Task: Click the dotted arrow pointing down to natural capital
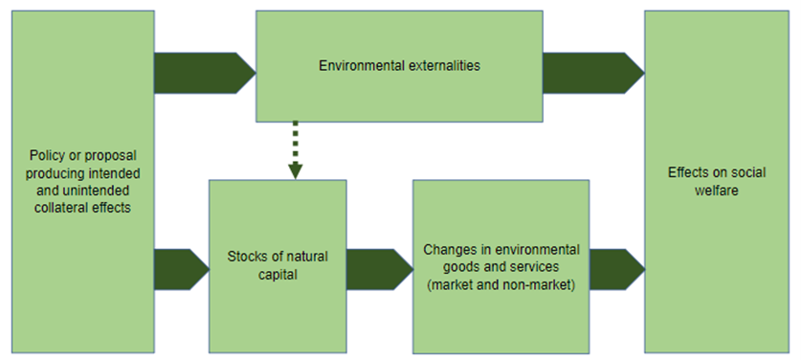pyautogui.click(x=296, y=149)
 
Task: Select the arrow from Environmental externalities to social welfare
pyautogui.click(x=592, y=73)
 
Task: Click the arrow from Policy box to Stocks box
pyautogui.click(x=181, y=269)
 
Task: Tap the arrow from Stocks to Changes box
pyautogui.click(x=379, y=269)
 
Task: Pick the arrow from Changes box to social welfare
pyautogui.click(x=616, y=269)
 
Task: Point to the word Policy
pyautogui.click(x=45, y=155)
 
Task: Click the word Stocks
pyautogui.click(x=246, y=257)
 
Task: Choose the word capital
pyautogui.click(x=277, y=276)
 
